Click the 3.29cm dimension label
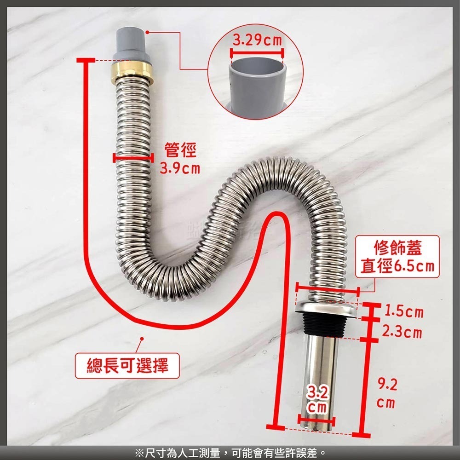257,40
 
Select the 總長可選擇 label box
127,366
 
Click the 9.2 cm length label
385,393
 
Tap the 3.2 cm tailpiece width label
317,399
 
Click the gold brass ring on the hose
132,70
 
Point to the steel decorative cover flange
327,308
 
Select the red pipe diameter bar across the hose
132,158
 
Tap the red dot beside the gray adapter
148,32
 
